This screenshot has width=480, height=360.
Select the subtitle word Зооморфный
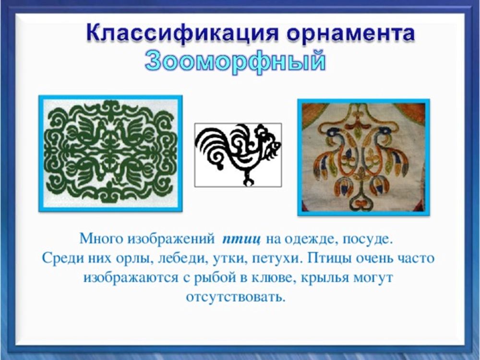[235, 61]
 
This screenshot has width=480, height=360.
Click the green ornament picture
[110, 154]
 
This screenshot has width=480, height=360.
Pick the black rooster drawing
[238, 155]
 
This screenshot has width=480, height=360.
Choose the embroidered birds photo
[363, 157]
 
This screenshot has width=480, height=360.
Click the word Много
[101, 239]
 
